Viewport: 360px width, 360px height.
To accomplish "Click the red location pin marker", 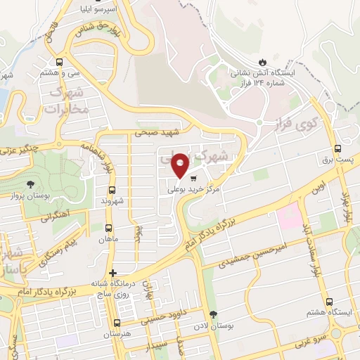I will click(x=180, y=165).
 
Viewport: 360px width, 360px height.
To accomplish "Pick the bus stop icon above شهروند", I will click(x=112, y=190).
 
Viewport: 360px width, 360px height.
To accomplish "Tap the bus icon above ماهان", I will click(x=108, y=228).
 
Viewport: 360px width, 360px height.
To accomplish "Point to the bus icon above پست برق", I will click(x=338, y=148).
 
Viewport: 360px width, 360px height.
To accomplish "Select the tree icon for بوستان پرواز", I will click(x=30, y=184).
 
